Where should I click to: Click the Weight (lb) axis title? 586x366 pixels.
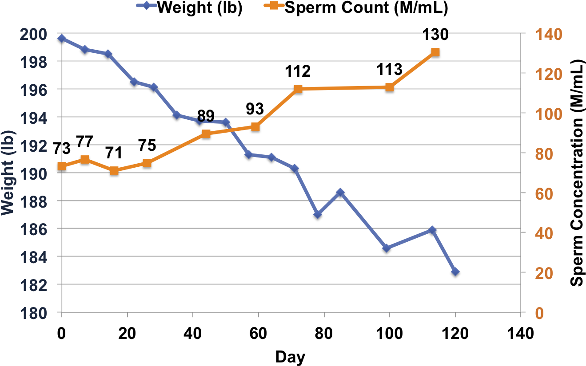point(8,173)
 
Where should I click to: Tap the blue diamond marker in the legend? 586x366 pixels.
point(147,5)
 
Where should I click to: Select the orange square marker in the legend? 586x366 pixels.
point(274,5)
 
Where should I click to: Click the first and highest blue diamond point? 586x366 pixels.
point(62,38)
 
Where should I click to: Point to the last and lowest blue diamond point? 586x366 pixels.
point(455,272)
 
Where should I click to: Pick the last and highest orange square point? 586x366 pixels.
point(435,52)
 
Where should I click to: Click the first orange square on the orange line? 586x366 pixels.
point(62,166)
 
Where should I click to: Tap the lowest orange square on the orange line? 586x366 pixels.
point(114,170)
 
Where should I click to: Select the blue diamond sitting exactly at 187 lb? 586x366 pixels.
point(318,215)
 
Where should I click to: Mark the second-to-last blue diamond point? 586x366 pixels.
point(432,230)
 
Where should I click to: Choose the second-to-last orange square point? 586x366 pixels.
point(390,87)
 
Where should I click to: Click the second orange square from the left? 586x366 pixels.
point(85,160)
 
